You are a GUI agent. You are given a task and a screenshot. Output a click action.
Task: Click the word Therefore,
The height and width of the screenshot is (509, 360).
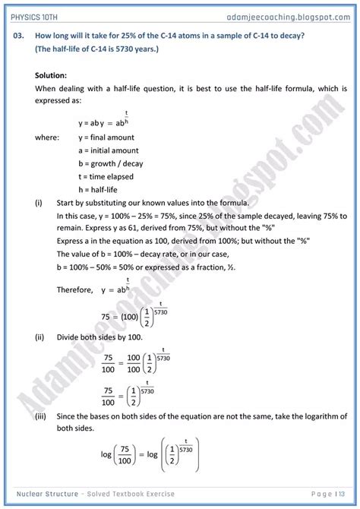pyautogui.click(x=74, y=289)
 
